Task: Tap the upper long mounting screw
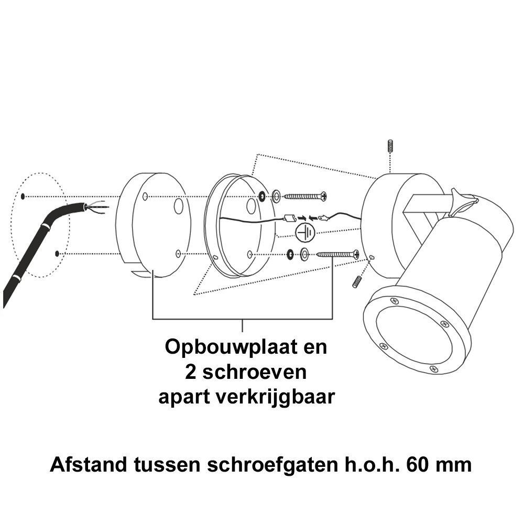[305, 196]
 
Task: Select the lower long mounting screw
[338, 254]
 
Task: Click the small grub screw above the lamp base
[390, 147]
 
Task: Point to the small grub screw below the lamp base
[357, 281]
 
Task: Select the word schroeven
[254, 372]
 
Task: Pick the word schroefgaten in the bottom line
[272, 465]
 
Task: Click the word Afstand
[89, 464]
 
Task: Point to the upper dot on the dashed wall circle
[23, 196]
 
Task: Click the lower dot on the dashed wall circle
[57, 254]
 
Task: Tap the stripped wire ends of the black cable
[97, 207]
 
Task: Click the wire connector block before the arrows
[289, 219]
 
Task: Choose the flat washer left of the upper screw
[277, 196]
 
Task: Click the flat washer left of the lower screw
[304, 254]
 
